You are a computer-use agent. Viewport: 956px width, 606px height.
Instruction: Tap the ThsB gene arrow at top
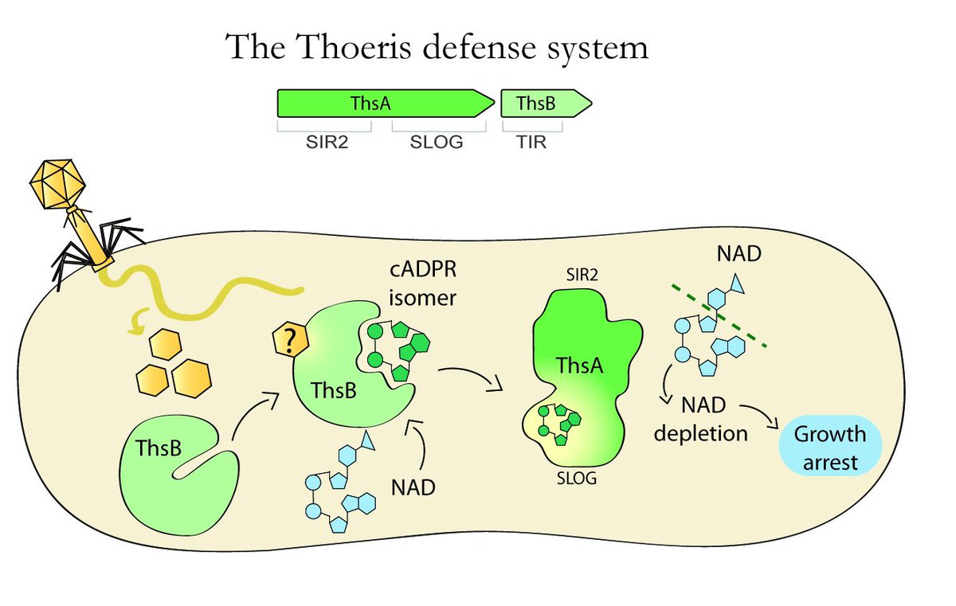click(x=542, y=104)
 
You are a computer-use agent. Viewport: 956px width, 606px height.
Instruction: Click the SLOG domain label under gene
click(x=436, y=143)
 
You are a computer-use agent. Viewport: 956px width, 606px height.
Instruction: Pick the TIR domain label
click(x=531, y=143)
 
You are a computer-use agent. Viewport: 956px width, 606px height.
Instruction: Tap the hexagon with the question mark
click(x=292, y=341)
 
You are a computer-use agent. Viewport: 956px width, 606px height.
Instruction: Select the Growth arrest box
click(x=830, y=448)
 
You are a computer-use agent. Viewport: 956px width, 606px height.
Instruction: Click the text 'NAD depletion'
click(x=714, y=420)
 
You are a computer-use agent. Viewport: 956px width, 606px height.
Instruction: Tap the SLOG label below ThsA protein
click(x=574, y=480)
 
